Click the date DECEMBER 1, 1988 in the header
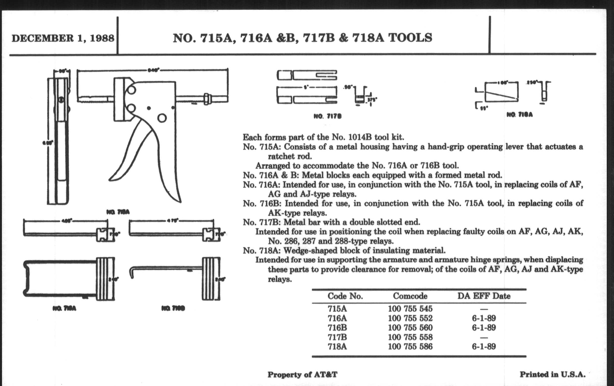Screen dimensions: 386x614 coord(63,38)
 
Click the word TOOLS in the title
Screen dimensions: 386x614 coord(410,38)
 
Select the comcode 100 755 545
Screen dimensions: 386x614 coord(410,309)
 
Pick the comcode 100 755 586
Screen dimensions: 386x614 coord(410,346)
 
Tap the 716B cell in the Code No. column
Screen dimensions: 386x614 coord(337,328)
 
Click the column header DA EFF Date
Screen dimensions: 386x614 coord(484,296)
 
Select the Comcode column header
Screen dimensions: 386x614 coord(410,296)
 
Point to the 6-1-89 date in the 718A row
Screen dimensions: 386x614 coord(484,346)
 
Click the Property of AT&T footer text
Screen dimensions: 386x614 coord(302,375)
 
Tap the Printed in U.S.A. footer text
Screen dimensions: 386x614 coord(553,375)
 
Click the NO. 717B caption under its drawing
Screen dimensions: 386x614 coord(327,117)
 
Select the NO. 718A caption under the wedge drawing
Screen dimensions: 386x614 coord(519,115)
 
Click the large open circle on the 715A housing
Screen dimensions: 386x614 coord(162,118)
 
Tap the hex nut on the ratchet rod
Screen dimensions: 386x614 coord(207,98)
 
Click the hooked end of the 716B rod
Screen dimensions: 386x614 coord(132,273)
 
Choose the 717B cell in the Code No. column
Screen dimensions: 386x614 coord(337,337)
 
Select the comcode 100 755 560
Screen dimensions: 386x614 coord(410,328)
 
